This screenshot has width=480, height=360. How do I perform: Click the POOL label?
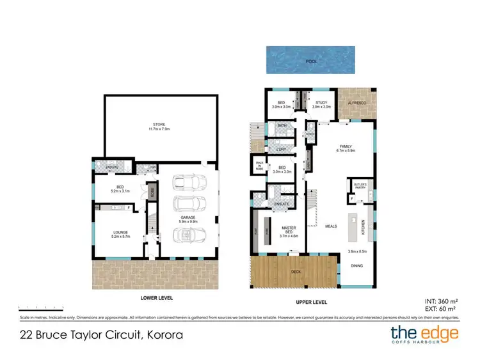click(311, 62)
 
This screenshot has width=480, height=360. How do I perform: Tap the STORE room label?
click(159, 126)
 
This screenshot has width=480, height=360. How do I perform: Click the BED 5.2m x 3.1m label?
click(121, 189)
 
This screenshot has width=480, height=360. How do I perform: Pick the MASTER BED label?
click(285, 233)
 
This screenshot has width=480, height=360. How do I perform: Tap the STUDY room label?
click(322, 104)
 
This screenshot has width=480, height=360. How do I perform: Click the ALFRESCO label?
click(356, 102)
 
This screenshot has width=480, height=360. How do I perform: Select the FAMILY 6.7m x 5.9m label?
click(346, 148)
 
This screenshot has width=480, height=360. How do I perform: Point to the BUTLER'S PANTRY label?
click(358, 185)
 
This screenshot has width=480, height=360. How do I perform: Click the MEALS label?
click(331, 226)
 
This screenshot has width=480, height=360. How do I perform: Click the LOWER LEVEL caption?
click(157, 298)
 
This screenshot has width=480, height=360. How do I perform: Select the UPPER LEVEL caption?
click(312, 301)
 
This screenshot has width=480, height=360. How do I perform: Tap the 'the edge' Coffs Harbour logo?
click(424, 334)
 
